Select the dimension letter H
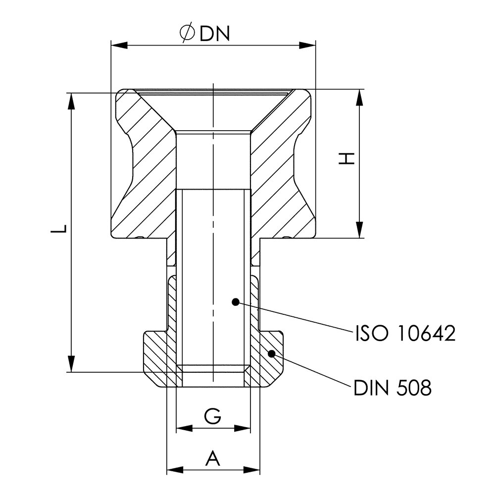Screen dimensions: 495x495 coord(349,158)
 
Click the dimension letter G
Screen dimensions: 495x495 coord(213,417)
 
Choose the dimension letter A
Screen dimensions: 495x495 coord(213,458)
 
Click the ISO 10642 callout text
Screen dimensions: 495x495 coord(405,334)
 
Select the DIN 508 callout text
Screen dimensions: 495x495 coord(393,388)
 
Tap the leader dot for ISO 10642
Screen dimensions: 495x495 coord(236,301)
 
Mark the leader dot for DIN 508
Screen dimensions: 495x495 coord(271,353)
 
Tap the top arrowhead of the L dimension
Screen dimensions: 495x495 coord(72,101)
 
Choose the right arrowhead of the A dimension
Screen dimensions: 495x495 coord(253,468)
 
